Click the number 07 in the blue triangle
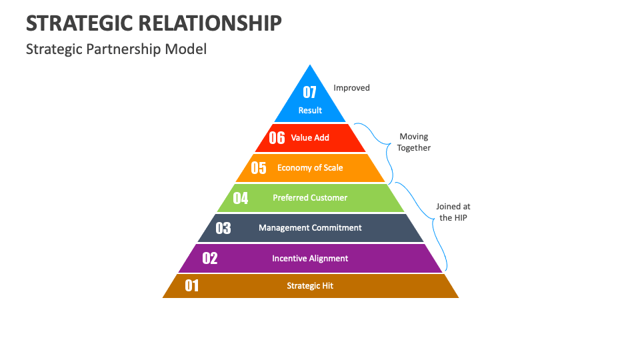pos(310,92)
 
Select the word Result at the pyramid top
pos(310,111)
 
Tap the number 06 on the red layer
pos(277,138)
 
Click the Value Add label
pos(310,138)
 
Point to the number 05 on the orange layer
pos(259,168)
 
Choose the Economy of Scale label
pos(310,168)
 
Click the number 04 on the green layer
pos(241,198)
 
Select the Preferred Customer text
pos(310,198)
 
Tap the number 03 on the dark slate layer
pos(223,228)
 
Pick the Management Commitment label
pos(310,228)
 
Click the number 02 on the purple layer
pos(210,258)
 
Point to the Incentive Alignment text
pos(310,259)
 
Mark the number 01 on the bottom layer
pos(192,286)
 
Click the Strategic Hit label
pos(310,286)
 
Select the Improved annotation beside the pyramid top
pos(351,88)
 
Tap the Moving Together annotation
pos(414,142)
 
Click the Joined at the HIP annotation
pos(453,212)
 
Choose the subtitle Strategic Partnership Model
pos(116,49)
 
